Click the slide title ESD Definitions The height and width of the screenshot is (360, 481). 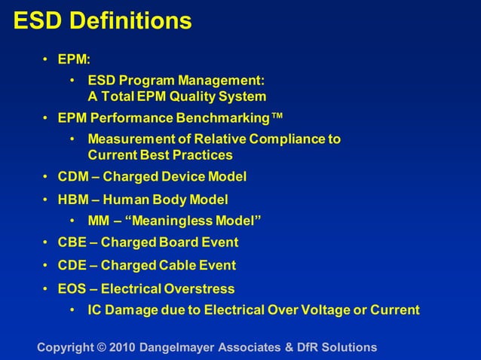(x=103, y=21)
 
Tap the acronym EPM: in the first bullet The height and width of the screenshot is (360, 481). (x=74, y=59)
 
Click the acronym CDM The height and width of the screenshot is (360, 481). (x=73, y=177)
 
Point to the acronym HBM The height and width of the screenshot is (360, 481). (x=73, y=200)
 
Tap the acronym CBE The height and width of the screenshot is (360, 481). (x=72, y=243)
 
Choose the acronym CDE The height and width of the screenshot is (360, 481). (x=72, y=265)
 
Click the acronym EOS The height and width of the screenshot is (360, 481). (x=72, y=288)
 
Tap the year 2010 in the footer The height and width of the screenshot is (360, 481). (x=122, y=347)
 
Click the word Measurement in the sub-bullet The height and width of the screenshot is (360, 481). (x=125, y=139)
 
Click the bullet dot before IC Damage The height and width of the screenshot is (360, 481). (x=72, y=310)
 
